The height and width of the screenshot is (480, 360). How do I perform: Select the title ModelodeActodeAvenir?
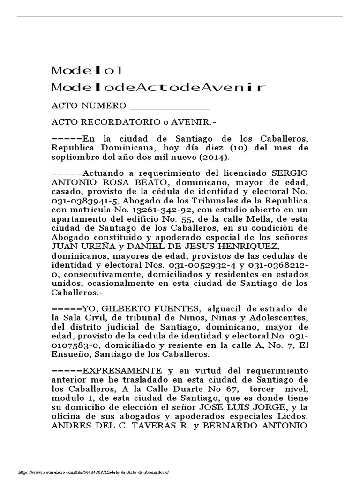click(x=158, y=87)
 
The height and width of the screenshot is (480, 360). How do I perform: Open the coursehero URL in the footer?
click(x=93, y=472)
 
